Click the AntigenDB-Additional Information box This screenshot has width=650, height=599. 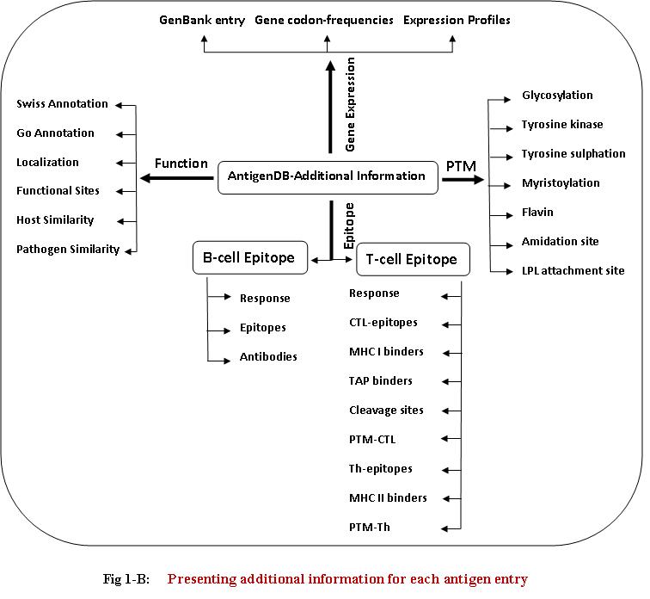327,176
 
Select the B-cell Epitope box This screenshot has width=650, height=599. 248,257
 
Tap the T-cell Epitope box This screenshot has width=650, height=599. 412,259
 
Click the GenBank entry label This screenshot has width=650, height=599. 202,20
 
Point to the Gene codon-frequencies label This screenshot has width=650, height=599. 324,20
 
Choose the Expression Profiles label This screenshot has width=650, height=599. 457,20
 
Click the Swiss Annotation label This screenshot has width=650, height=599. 62,104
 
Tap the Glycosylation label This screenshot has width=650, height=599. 557,96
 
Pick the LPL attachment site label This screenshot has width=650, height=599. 573,271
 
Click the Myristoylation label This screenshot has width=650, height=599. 561,183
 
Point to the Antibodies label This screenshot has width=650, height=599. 268,356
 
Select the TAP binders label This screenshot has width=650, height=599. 381,381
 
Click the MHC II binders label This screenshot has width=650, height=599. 388,498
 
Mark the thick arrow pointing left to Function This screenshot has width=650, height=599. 176,178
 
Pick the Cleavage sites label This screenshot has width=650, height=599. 386,411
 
